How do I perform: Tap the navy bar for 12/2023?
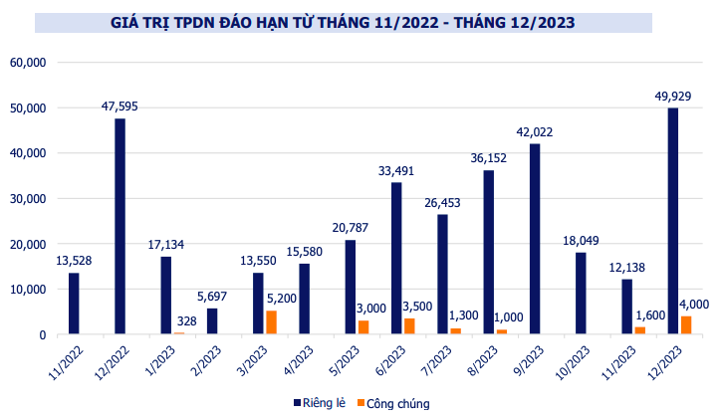coord(673,221)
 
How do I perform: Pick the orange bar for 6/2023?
coord(409,326)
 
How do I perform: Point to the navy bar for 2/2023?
coord(212,321)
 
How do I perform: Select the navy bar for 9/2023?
coord(535,239)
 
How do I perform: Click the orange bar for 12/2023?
coord(685,325)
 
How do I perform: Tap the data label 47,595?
coord(120,105)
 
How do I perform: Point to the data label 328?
coord(186,320)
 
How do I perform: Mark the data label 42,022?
coord(535,131)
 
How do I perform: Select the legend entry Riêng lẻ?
coord(325,402)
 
